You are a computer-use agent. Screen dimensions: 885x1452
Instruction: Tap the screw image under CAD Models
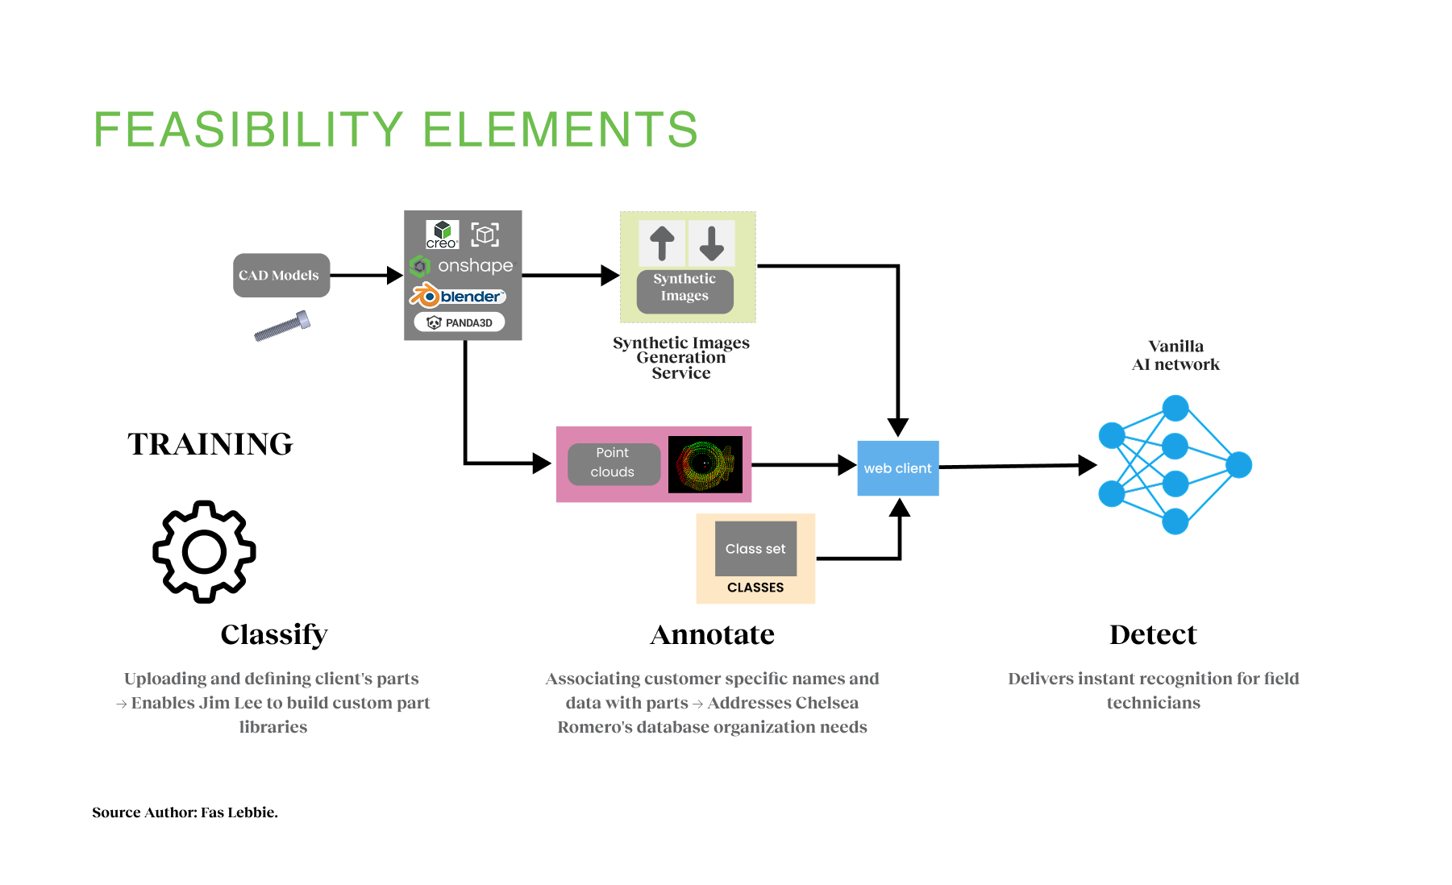point(282,326)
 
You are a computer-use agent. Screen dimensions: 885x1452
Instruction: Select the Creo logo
point(442,235)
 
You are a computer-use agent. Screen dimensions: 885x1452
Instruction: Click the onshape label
point(475,266)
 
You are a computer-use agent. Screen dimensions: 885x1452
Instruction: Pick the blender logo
point(458,296)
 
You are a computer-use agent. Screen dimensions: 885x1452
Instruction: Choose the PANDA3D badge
point(460,322)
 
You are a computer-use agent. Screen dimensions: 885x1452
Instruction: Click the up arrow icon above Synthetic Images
point(662,243)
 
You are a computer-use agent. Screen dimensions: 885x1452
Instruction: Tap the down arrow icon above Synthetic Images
point(711,243)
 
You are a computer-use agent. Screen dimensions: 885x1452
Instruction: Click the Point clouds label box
point(613,463)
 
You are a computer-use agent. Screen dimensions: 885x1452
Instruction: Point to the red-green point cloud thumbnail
point(705,464)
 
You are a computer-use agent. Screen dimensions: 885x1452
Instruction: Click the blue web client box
point(897,468)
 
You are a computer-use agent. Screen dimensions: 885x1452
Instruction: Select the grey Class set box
point(755,549)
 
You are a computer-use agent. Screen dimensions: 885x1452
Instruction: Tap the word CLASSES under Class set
point(755,588)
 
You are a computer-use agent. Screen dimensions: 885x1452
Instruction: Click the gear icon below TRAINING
point(205,552)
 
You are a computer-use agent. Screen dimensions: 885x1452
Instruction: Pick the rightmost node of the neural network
point(1238,465)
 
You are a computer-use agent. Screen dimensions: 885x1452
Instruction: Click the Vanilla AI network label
point(1175,355)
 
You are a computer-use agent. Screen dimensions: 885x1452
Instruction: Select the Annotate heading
point(712,635)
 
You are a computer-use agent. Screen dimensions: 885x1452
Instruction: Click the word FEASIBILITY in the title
point(248,130)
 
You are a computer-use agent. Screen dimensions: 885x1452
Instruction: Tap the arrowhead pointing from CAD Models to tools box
point(394,276)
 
